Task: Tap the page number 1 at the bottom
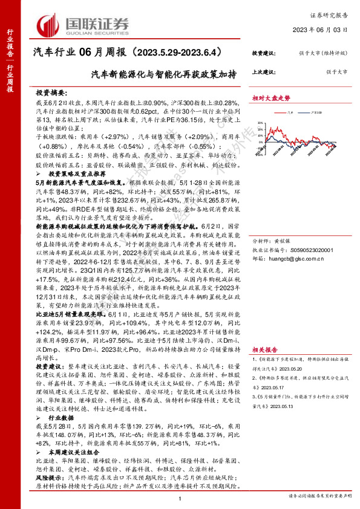point(180,499)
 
